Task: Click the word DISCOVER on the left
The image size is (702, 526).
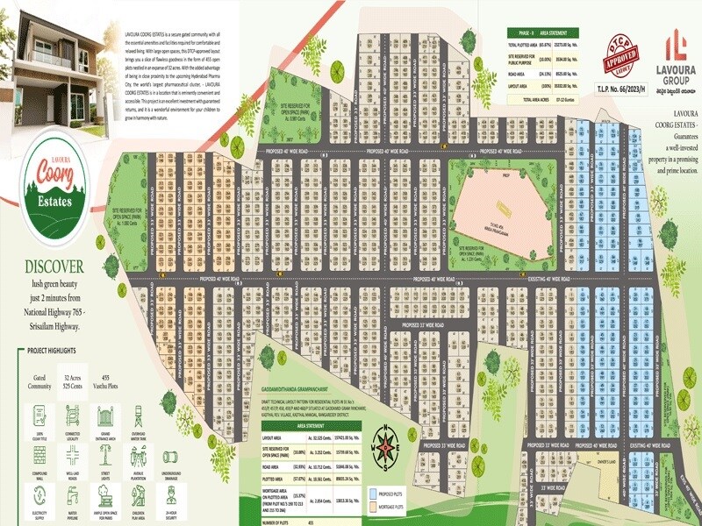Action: tap(54, 267)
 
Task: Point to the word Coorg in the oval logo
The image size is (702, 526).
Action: tap(54, 175)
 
